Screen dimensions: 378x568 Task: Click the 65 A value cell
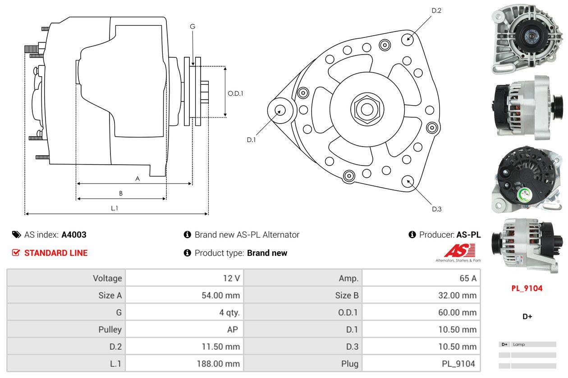click(467, 278)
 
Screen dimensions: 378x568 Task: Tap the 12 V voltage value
click(231, 278)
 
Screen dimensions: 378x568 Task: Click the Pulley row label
click(110, 330)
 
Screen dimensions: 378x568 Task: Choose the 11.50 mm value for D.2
click(220, 346)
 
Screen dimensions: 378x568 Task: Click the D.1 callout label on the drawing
click(251, 140)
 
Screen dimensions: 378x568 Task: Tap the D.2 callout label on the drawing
click(436, 10)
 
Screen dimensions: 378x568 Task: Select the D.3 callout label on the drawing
click(436, 209)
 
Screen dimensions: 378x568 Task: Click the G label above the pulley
click(192, 27)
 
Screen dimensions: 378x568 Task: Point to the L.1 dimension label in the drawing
click(115, 208)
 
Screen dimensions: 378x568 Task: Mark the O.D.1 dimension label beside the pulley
click(235, 93)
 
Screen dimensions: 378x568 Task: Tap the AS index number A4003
click(74, 235)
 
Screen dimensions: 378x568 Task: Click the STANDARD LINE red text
click(56, 253)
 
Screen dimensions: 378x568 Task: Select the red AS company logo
click(459, 251)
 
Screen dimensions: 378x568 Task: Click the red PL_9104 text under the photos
click(527, 288)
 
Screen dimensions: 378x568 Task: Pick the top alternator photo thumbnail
click(527, 38)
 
